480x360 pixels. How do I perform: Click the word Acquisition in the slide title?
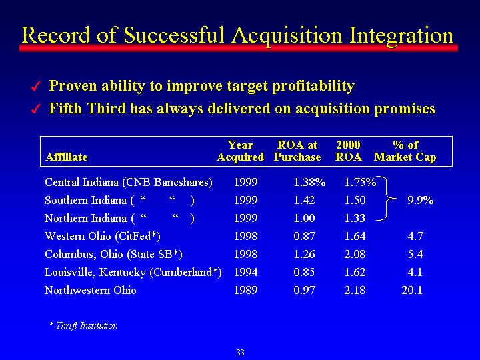pos(287,35)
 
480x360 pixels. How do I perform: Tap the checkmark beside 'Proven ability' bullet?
pos(36,87)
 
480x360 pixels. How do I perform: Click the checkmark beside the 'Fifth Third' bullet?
pos(36,109)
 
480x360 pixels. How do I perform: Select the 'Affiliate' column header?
pos(67,157)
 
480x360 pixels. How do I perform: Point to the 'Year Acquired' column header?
pos(240,151)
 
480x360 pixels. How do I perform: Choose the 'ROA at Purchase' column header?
pos(297,151)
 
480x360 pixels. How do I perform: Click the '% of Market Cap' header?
pos(405,151)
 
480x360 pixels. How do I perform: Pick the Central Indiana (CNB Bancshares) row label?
pos(129,182)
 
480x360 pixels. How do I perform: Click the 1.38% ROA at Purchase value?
pos(309,183)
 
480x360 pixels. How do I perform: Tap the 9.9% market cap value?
pos(420,200)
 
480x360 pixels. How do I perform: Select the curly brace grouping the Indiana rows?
pos(386,199)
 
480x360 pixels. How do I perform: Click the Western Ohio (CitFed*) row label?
pos(103,236)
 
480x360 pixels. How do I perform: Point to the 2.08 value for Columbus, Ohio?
pos(355,254)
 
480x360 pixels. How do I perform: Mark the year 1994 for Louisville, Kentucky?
pos(245,272)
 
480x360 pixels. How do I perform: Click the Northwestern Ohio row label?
pos(90,290)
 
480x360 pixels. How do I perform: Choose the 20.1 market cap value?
pos(412,290)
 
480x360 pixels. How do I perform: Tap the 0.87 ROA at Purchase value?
pos(304,236)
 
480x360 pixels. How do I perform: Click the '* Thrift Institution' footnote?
pos(83,325)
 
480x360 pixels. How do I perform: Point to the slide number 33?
pos(240,353)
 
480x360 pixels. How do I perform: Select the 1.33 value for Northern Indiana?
pos(355,218)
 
